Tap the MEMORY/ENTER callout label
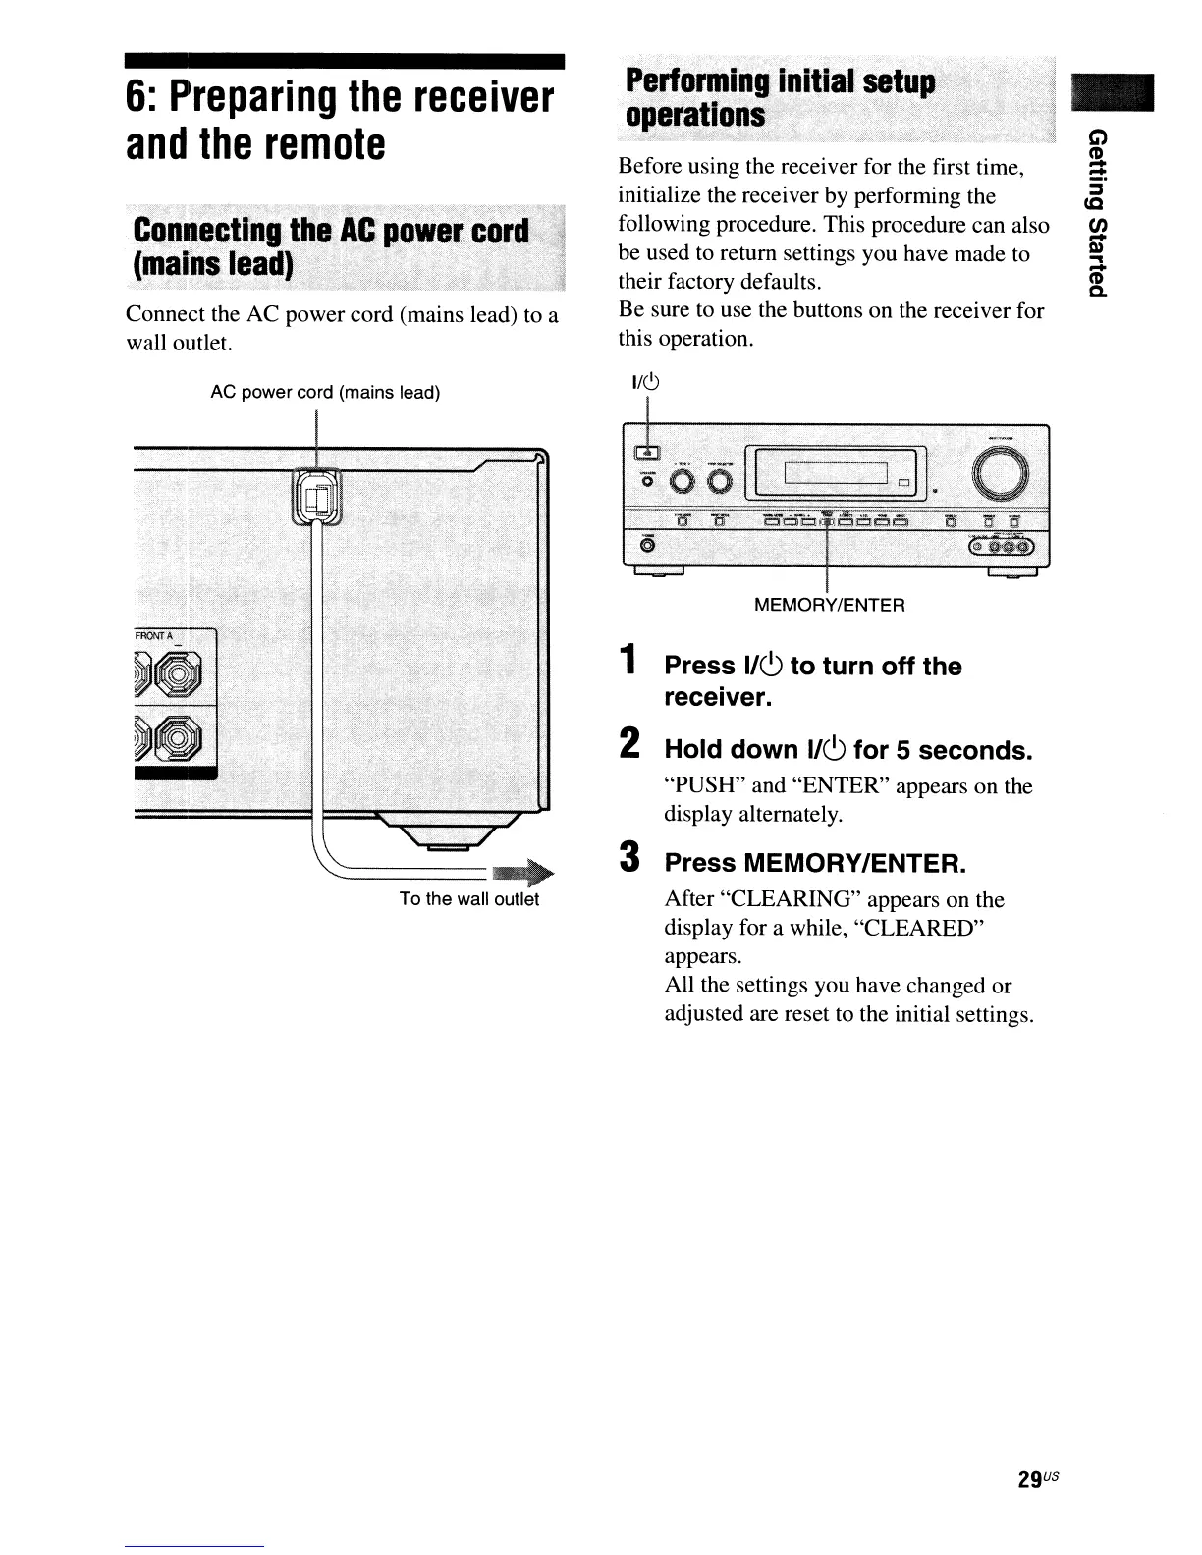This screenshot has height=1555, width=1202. click(829, 605)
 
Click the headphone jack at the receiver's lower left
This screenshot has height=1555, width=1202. click(647, 545)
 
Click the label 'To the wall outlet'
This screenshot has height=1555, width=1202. click(468, 899)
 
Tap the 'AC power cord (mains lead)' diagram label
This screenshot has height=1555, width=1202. click(325, 393)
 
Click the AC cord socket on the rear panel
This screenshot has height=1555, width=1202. click(317, 499)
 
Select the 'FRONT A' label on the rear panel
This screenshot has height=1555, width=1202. click(152, 636)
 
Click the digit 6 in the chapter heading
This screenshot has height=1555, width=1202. click(137, 99)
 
